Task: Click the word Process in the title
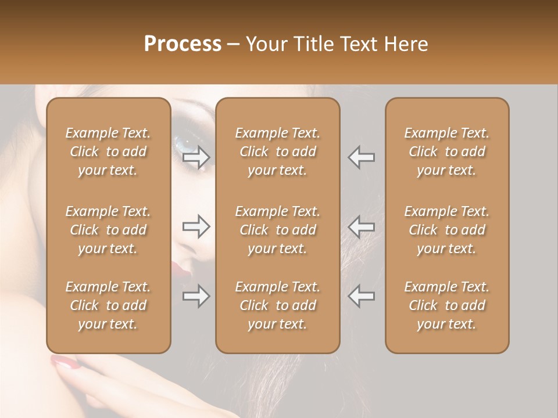tap(183, 44)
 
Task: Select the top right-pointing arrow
tap(196, 157)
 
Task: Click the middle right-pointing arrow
tap(196, 226)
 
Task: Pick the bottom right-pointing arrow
tap(196, 297)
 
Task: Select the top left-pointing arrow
tap(361, 157)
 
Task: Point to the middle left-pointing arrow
tap(361, 226)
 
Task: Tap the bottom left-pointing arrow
tap(361, 297)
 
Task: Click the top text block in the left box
tap(108, 152)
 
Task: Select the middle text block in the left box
tap(108, 230)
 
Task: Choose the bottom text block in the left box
tap(108, 305)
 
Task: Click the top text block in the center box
tap(277, 152)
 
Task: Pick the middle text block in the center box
tap(277, 230)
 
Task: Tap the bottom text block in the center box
tap(277, 305)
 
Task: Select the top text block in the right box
tap(447, 152)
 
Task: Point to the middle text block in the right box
tap(447, 230)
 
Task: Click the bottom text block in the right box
tap(447, 305)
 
